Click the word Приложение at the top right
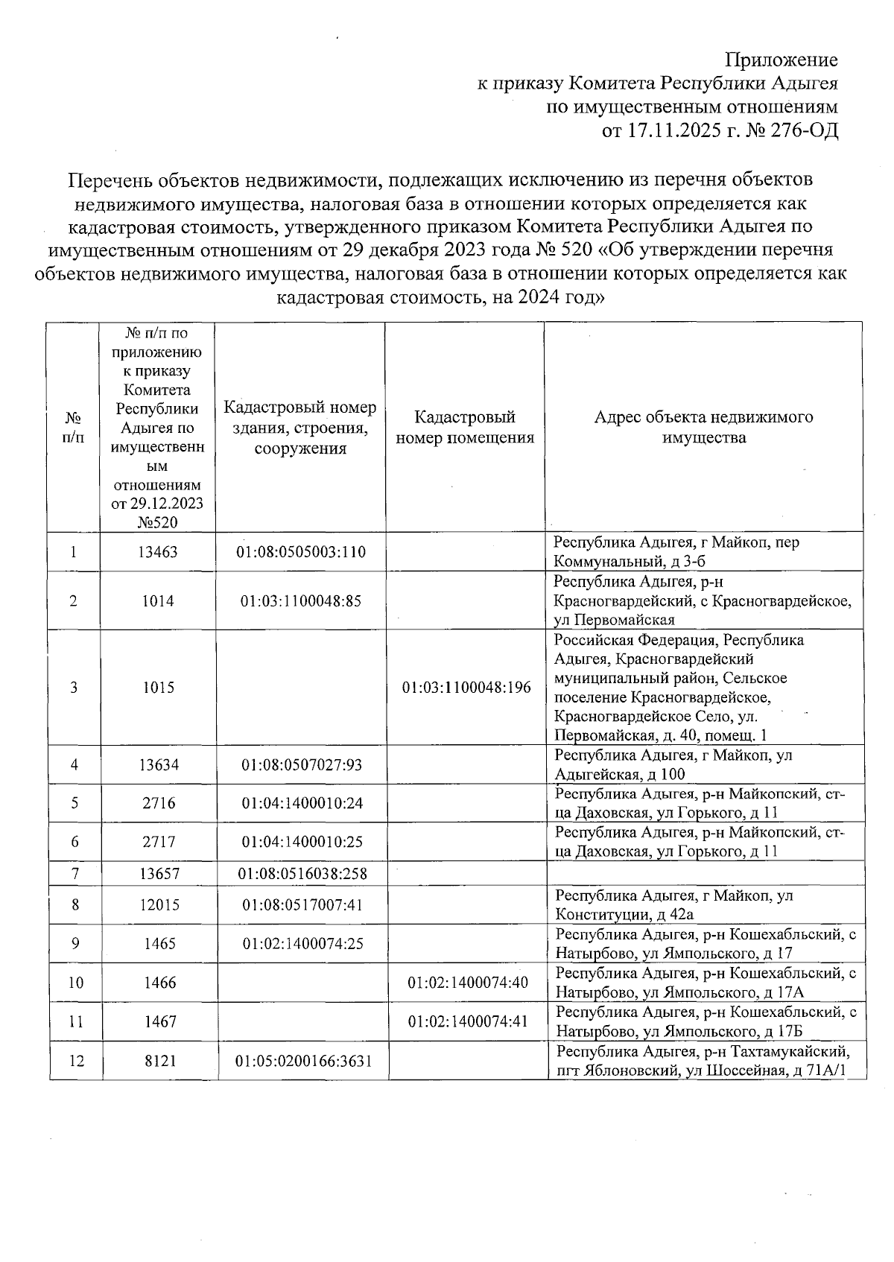click(x=782, y=60)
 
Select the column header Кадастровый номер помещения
click(x=465, y=427)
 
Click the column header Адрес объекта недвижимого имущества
click(x=703, y=427)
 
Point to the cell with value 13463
click(x=158, y=552)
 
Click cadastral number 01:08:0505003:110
click(x=301, y=552)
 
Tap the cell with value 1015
click(x=158, y=687)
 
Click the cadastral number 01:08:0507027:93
click(x=301, y=764)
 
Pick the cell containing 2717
click(x=158, y=842)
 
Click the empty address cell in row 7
click(x=703, y=873)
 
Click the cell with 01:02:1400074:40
click(x=467, y=983)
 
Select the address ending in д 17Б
click(x=703, y=1021)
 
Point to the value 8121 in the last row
click(x=159, y=1060)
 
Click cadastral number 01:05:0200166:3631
click(x=302, y=1060)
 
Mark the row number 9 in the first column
click(x=75, y=944)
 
